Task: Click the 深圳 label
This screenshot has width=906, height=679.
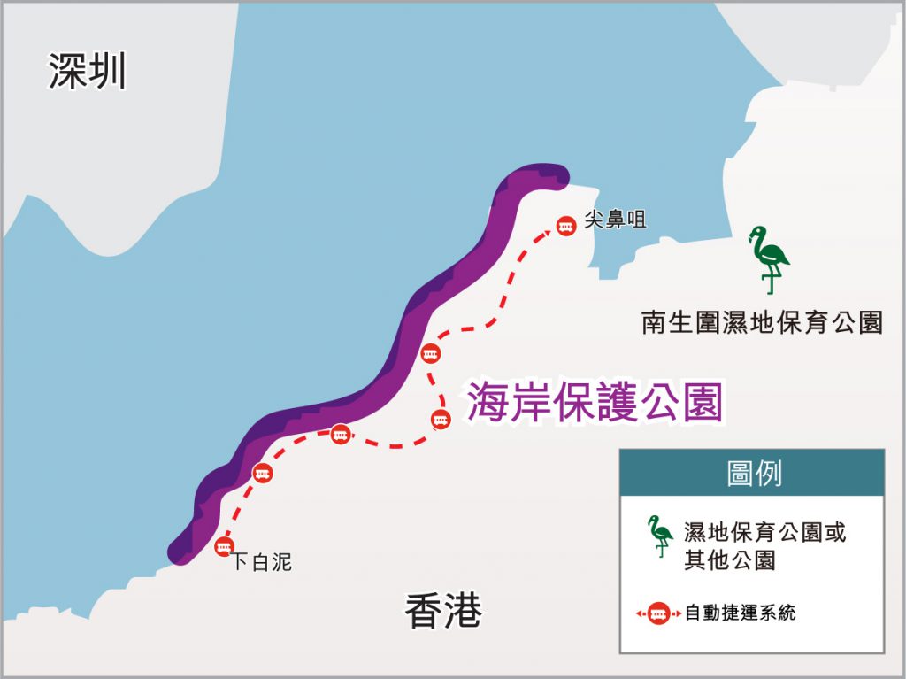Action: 87,72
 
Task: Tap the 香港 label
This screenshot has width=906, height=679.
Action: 443,611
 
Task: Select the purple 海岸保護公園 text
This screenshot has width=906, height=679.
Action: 595,402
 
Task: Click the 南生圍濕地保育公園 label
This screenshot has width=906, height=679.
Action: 762,321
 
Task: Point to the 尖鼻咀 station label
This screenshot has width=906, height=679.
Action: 615,220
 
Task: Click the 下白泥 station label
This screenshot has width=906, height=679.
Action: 262,561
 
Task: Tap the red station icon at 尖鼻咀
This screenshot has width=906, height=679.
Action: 565,226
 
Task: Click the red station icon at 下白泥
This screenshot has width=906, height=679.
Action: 224,546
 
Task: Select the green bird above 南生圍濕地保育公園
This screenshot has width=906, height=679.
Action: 768,258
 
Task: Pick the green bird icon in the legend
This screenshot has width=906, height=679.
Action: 659,536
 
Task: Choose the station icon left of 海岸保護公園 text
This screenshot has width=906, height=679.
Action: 441,420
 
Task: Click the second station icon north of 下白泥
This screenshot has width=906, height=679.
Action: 342,435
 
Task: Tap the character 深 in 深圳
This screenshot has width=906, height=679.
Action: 67,72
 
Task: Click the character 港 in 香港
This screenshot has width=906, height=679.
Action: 464,611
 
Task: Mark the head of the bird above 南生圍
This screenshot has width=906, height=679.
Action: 756,234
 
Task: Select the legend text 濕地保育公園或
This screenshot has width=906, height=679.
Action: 765,533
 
